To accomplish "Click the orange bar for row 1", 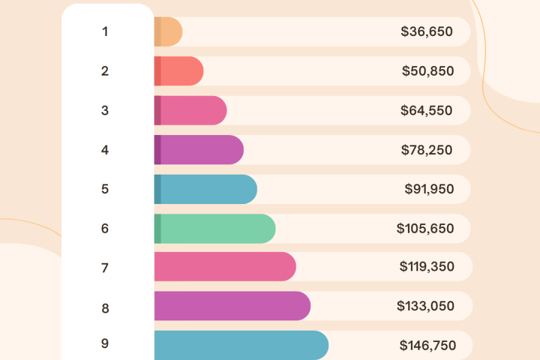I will click(168, 32).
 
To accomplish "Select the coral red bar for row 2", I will click(179, 71).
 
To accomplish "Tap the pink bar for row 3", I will click(190, 111).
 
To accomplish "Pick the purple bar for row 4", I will click(199, 150).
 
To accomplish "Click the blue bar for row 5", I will click(205, 189).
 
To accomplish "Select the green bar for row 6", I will click(215, 229).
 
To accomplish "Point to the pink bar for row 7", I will click(225, 266).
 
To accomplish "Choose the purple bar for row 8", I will click(232, 306).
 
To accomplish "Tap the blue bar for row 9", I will click(241, 345).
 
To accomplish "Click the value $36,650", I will click(427, 32).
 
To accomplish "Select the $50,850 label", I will click(428, 71).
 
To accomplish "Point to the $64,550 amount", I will click(427, 111).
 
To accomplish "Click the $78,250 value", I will click(427, 150).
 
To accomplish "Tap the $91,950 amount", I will click(429, 189).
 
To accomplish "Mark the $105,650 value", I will click(425, 229).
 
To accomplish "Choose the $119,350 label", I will click(427, 266).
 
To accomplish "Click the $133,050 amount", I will click(425, 306).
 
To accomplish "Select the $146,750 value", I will click(428, 346).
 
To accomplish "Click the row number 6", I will click(105, 229).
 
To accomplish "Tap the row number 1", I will click(105, 32).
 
